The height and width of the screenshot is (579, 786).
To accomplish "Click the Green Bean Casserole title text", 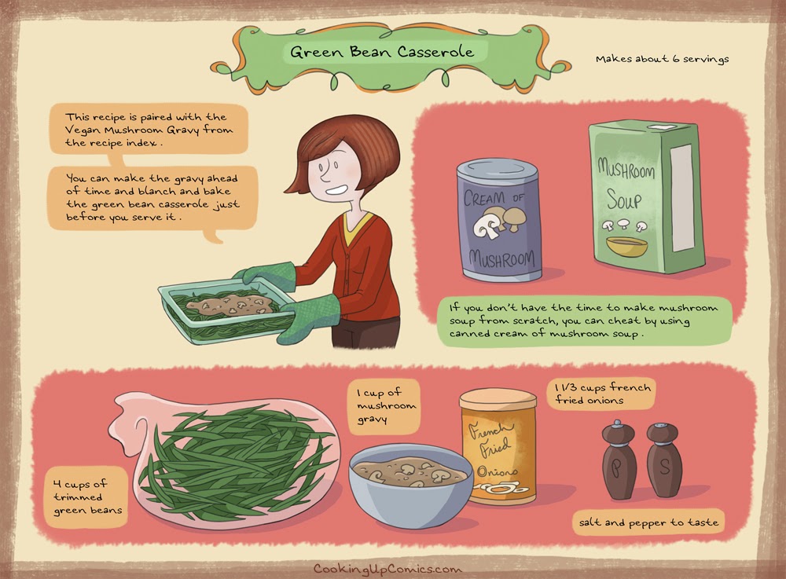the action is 382,52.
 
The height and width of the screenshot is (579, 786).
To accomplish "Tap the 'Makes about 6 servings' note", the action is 662,59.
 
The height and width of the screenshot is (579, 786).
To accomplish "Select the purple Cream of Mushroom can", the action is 499,219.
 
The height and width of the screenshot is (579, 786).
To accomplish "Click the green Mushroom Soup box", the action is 647,196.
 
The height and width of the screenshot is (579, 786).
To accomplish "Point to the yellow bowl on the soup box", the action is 626,245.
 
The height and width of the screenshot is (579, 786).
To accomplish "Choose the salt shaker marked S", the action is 663,460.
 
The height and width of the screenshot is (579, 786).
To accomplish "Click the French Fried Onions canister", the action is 498,447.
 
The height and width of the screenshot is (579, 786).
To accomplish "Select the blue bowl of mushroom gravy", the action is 411,485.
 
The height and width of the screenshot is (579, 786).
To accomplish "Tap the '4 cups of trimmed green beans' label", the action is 86,497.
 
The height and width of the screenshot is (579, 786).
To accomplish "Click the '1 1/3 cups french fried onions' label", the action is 601,394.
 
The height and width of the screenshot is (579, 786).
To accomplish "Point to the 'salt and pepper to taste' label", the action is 648,522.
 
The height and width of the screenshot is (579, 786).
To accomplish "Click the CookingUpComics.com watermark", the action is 387,569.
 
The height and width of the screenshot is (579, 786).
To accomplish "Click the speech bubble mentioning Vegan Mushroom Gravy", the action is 149,130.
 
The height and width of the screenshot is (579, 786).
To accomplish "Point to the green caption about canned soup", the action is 583,321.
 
